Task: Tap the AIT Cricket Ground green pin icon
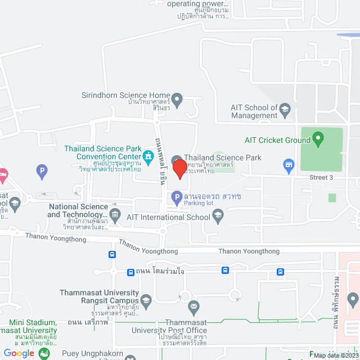(318, 138)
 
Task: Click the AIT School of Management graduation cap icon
(285, 108)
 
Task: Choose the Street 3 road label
(321, 177)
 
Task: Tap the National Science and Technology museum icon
(116, 214)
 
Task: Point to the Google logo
(19, 353)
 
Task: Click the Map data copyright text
(336, 355)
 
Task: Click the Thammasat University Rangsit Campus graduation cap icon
(146, 300)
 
